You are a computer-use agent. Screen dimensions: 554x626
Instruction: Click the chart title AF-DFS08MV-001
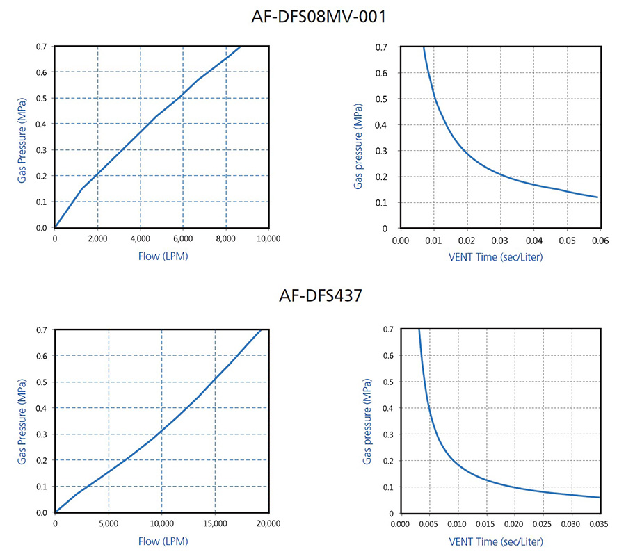pos(317,16)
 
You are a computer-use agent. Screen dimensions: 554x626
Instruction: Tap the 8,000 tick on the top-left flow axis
pos(225,239)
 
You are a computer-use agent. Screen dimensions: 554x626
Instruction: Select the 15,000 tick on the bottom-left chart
pos(215,524)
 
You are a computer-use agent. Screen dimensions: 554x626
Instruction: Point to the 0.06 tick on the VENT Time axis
pos(600,240)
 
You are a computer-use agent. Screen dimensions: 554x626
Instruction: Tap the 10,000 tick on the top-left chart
pos(268,239)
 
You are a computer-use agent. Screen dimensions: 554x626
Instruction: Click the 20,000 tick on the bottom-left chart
pos(268,524)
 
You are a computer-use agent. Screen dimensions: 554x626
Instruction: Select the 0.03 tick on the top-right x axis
pos(500,240)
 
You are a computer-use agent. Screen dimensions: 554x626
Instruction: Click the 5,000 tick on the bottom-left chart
pos(109,524)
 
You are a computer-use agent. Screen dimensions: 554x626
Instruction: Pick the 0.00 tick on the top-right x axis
pos(400,240)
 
